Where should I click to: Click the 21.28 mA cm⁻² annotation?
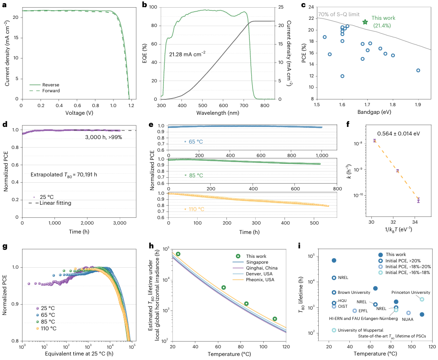[x=187, y=54]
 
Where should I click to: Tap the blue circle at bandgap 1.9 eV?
[x=418, y=70]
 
